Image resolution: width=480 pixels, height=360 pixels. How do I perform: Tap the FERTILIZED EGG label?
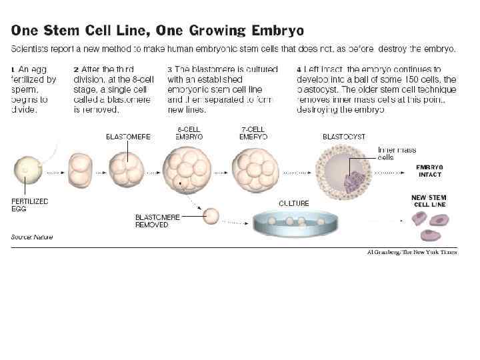(29, 204)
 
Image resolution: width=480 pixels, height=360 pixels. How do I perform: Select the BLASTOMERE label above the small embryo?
(128, 137)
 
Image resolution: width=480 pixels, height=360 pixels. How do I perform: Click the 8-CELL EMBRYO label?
(190, 133)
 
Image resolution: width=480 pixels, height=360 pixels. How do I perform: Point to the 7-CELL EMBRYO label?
(253, 133)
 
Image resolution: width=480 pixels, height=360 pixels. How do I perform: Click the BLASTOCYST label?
(343, 137)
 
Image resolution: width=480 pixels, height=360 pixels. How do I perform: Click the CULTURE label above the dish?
(293, 203)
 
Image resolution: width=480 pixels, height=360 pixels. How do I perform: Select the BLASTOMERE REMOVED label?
(157, 221)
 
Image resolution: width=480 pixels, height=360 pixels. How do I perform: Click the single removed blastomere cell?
(211, 215)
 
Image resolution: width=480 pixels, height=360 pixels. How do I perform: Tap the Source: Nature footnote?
(32, 237)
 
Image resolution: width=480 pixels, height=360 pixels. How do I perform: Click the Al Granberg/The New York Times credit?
(412, 253)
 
